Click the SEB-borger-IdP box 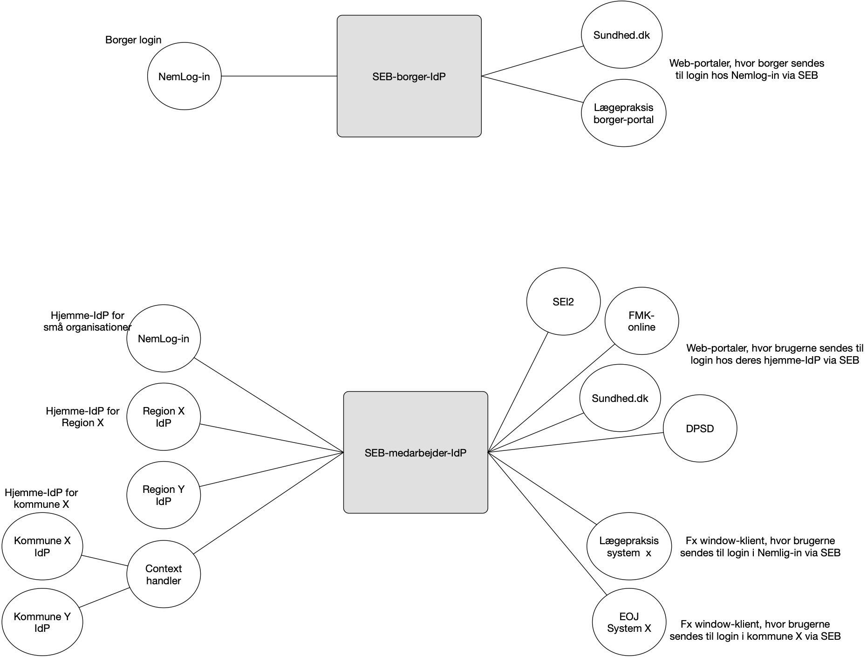(x=409, y=76)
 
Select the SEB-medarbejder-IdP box (x=415, y=452)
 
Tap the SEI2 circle (x=563, y=301)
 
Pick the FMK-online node (x=642, y=321)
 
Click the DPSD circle (x=700, y=429)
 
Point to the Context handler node (x=164, y=574)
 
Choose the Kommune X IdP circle (x=42, y=546)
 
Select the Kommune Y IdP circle (x=42, y=622)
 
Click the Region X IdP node (x=164, y=416)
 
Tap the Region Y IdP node (x=164, y=495)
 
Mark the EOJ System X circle (x=629, y=622)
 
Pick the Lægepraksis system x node (x=629, y=546)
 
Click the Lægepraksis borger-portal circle (x=623, y=113)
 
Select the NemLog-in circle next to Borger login (x=184, y=76)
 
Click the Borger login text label (x=133, y=40)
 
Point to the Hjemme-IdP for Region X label (x=82, y=417)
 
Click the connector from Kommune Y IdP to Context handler (x=104, y=598)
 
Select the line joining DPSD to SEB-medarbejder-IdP (x=575, y=442)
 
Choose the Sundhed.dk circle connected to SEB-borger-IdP (x=621, y=35)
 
